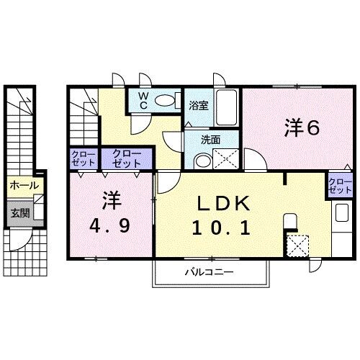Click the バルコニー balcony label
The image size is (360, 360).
coord(211,272)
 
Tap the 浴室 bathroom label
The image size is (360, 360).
coord(198,105)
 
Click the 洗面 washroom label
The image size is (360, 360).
coord(210,140)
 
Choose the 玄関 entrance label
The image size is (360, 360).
coord(19,212)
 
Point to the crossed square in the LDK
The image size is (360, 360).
coord(295,246)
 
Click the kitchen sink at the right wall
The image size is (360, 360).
coord(339,213)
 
